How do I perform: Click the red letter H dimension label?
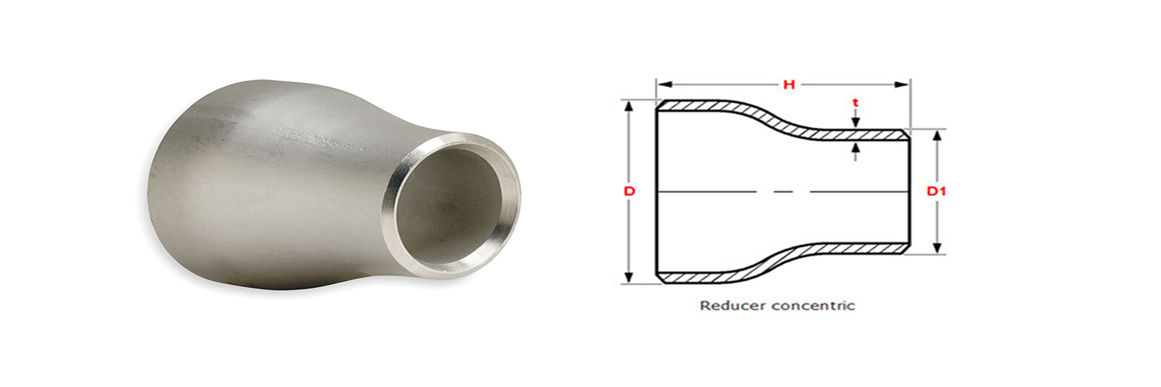[x=789, y=84]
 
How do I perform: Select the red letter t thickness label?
[x=854, y=101]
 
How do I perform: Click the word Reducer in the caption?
[x=726, y=306]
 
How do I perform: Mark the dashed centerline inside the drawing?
[x=782, y=191]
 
